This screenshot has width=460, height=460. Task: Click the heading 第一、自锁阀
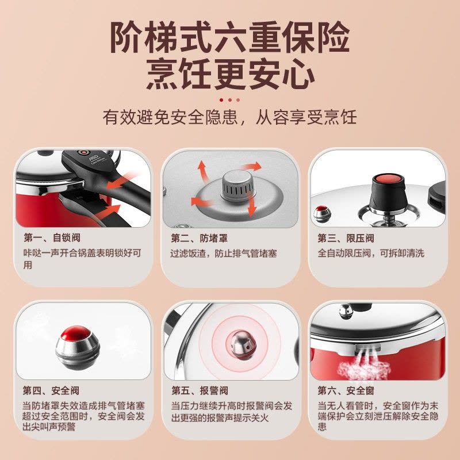pyautogui.click(x=52, y=237)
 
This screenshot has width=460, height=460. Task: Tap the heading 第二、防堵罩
pyautogui.click(x=199, y=238)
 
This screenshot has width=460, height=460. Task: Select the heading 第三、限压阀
pyautogui.click(x=346, y=238)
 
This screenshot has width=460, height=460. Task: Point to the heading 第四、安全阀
pyautogui.click(x=51, y=390)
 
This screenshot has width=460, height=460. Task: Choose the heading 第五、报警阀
pyautogui.click(x=200, y=390)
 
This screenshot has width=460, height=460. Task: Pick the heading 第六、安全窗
pyautogui.click(x=346, y=390)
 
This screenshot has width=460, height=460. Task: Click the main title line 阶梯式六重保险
pyautogui.click(x=230, y=37)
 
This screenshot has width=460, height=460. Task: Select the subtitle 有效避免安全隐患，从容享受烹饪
pyautogui.click(x=229, y=117)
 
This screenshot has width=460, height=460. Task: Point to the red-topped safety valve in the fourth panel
pyautogui.click(x=78, y=347)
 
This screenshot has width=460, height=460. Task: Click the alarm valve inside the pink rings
pyautogui.click(x=241, y=345)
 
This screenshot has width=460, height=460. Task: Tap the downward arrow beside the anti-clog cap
pyautogui.click(x=251, y=206)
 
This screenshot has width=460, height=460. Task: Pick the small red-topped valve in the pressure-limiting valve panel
pyautogui.click(x=322, y=213)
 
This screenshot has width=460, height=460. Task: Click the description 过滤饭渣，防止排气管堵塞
pyautogui.click(x=224, y=253)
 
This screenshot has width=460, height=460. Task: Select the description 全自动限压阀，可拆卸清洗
pyautogui.click(x=371, y=253)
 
